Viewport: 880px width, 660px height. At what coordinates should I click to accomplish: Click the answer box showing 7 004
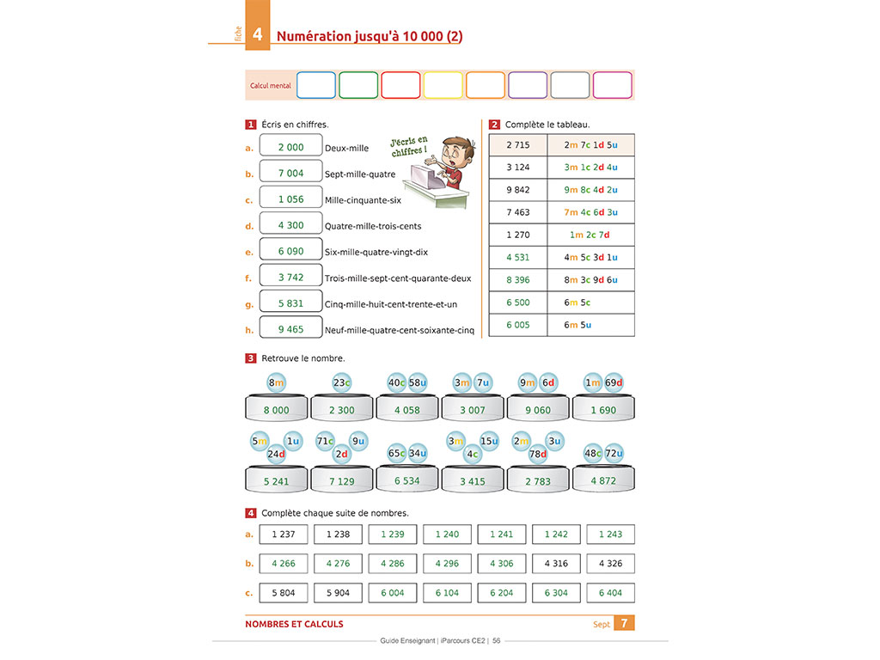(x=290, y=173)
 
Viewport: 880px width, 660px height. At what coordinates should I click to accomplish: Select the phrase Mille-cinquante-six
(x=363, y=200)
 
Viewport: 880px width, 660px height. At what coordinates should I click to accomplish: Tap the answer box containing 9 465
(x=290, y=329)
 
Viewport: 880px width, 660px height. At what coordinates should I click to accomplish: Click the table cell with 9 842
(x=518, y=190)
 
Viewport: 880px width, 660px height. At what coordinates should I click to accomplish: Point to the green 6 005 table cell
(x=518, y=325)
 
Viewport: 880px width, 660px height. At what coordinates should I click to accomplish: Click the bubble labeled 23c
(x=342, y=382)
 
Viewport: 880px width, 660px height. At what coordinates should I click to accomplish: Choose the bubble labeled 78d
(x=538, y=454)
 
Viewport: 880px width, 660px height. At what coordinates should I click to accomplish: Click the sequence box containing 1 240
(x=447, y=535)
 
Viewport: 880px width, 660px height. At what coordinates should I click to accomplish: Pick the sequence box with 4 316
(x=556, y=564)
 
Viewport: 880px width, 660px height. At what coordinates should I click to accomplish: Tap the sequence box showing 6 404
(x=610, y=593)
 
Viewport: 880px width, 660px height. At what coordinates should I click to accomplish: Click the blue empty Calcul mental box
(x=315, y=85)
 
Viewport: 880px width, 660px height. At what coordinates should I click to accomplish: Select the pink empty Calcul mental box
(x=612, y=85)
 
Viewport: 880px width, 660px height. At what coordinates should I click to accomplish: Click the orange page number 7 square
(x=624, y=623)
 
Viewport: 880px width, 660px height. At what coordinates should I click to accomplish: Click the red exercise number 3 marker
(x=251, y=358)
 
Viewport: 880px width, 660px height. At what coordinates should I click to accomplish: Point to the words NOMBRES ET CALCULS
(x=294, y=624)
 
